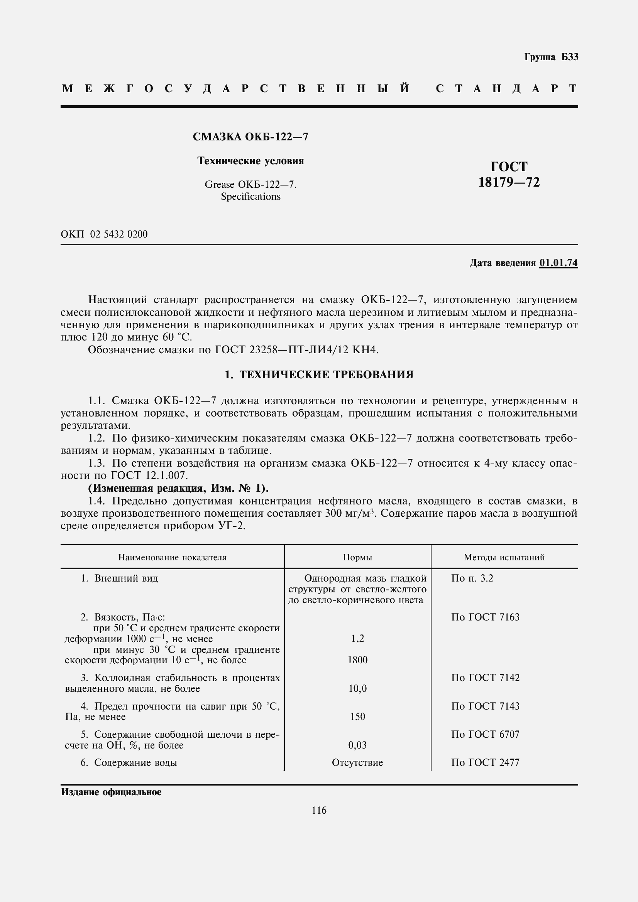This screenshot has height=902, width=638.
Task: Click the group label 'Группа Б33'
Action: [x=551, y=57]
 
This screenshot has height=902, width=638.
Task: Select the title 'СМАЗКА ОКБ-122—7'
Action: [x=250, y=137]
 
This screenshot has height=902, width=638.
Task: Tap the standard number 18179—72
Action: [x=509, y=182]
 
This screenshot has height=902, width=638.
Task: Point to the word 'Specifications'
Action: [x=250, y=196]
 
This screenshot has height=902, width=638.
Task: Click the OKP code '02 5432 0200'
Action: [x=119, y=234]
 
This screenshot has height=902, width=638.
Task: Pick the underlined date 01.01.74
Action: [x=558, y=263]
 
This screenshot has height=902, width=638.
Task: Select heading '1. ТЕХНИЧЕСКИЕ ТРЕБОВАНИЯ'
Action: [x=319, y=375]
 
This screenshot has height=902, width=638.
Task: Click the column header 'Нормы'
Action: [x=357, y=557]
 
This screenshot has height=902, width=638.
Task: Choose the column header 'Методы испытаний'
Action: [x=504, y=557]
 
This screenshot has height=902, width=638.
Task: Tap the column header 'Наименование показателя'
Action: [x=172, y=557]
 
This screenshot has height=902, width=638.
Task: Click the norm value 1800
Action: [x=357, y=659]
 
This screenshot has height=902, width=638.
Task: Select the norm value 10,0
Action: [x=357, y=688]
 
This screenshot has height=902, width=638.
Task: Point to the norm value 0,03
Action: [x=357, y=745]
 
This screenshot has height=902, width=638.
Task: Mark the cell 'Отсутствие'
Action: [x=357, y=762]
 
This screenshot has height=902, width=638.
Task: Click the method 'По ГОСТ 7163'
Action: [x=485, y=617]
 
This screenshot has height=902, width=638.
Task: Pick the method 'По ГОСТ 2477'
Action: [x=485, y=762]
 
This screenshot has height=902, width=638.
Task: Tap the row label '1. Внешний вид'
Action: [x=119, y=578]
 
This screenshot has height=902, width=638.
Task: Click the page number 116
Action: [x=319, y=810]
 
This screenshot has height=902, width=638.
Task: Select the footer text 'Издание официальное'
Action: [x=111, y=792]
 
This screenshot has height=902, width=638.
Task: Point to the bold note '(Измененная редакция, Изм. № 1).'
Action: [x=178, y=488]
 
